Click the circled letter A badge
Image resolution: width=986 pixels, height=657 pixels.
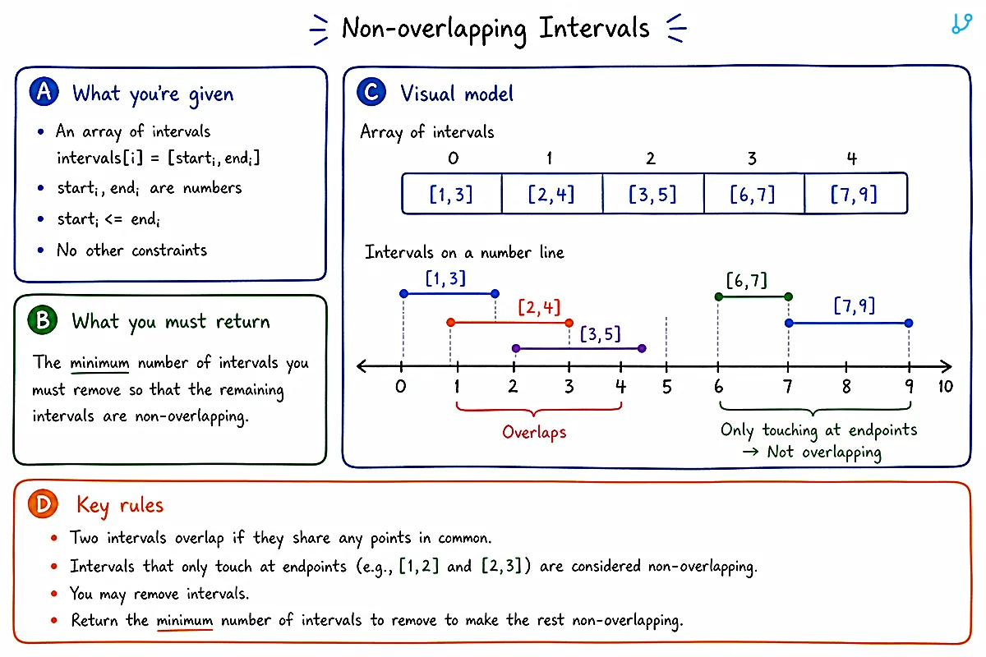[44, 92]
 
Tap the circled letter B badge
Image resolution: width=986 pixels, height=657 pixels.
[42, 320]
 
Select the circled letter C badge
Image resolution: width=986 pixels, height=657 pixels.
[371, 92]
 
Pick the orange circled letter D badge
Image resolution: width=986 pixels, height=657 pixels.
[43, 503]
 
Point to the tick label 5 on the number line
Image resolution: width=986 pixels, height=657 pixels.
[667, 387]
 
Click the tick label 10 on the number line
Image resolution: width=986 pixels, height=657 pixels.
[946, 386]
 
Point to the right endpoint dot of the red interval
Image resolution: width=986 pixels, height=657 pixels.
[569, 323]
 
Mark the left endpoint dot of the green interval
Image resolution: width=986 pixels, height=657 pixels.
[719, 296]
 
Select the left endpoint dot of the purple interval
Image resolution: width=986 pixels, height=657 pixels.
[516, 348]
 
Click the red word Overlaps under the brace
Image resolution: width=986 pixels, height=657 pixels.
[534, 433]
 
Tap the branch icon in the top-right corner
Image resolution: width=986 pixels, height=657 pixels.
[962, 23]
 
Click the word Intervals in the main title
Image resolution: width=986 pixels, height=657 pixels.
[594, 28]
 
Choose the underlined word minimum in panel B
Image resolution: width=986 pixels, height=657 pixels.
[99, 364]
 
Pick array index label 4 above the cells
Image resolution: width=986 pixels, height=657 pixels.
[852, 158]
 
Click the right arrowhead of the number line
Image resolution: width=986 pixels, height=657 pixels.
[947, 366]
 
